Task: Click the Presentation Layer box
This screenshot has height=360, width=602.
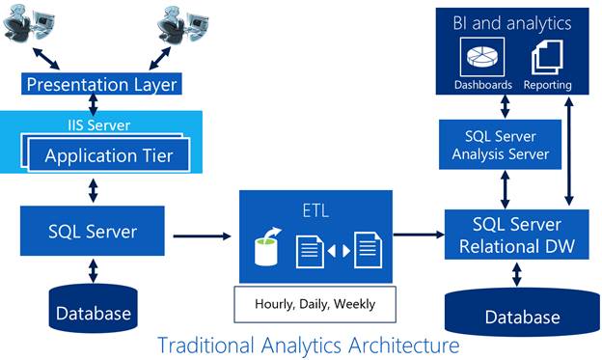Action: pos(102,84)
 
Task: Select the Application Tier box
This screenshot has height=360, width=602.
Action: pos(105,155)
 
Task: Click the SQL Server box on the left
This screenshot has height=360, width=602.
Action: pos(93,232)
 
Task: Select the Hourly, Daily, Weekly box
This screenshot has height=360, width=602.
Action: pos(315,303)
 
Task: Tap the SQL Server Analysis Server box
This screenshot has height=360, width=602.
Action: pos(502,144)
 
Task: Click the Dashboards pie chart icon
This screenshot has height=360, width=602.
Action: pos(482,57)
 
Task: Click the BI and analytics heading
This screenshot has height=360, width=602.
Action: pos(511,22)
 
